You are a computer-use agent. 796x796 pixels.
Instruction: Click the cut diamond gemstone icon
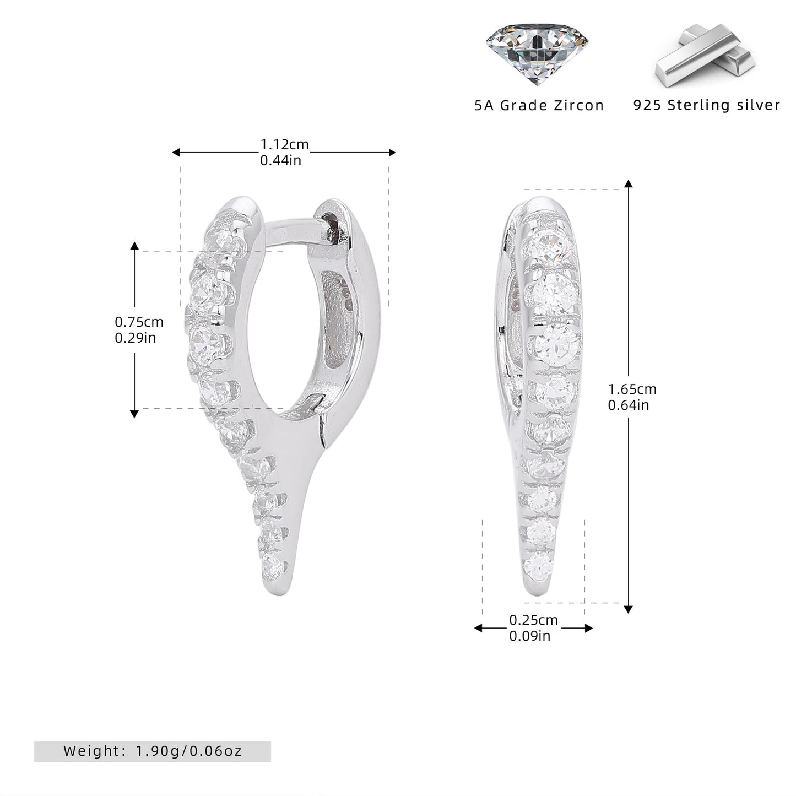pyautogui.click(x=537, y=53)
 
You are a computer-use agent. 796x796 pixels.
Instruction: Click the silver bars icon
pyautogui.click(x=705, y=56)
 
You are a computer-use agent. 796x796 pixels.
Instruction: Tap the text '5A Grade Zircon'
pyautogui.click(x=539, y=105)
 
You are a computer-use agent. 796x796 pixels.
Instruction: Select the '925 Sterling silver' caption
pyautogui.click(x=707, y=105)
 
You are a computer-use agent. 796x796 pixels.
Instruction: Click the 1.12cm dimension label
pyautogui.click(x=284, y=144)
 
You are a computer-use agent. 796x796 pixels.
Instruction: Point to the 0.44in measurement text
pyautogui.click(x=280, y=160)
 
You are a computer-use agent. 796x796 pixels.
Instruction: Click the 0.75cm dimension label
pyautogui.click(x=139, y=322)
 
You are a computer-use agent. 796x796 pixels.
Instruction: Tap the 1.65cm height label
pyautogui.click(x=632, y=389)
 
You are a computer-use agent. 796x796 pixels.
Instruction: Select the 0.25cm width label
pyautogui.click(x=533, y=620)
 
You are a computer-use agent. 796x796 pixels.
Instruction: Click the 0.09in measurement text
pyautogui.click(x=529, y=636)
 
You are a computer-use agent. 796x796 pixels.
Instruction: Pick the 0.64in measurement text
pyautogui.click(x=629, y=405)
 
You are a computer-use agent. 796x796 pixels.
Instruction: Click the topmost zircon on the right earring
pyautogui.click(x=549, y=247)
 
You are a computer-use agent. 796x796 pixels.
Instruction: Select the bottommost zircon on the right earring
pyautogui.click(x=539, y=565)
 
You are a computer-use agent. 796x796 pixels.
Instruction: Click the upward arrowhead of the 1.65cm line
pyautogui.click(x=629, y=184)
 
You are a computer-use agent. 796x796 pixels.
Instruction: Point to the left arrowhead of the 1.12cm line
pyautogui.click(x=176, y=153)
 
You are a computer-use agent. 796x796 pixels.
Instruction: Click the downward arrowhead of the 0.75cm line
pyautogui.click(x=134, y=414)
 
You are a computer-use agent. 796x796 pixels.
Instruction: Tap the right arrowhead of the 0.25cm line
pyautogui.click(x=589, y=629)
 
